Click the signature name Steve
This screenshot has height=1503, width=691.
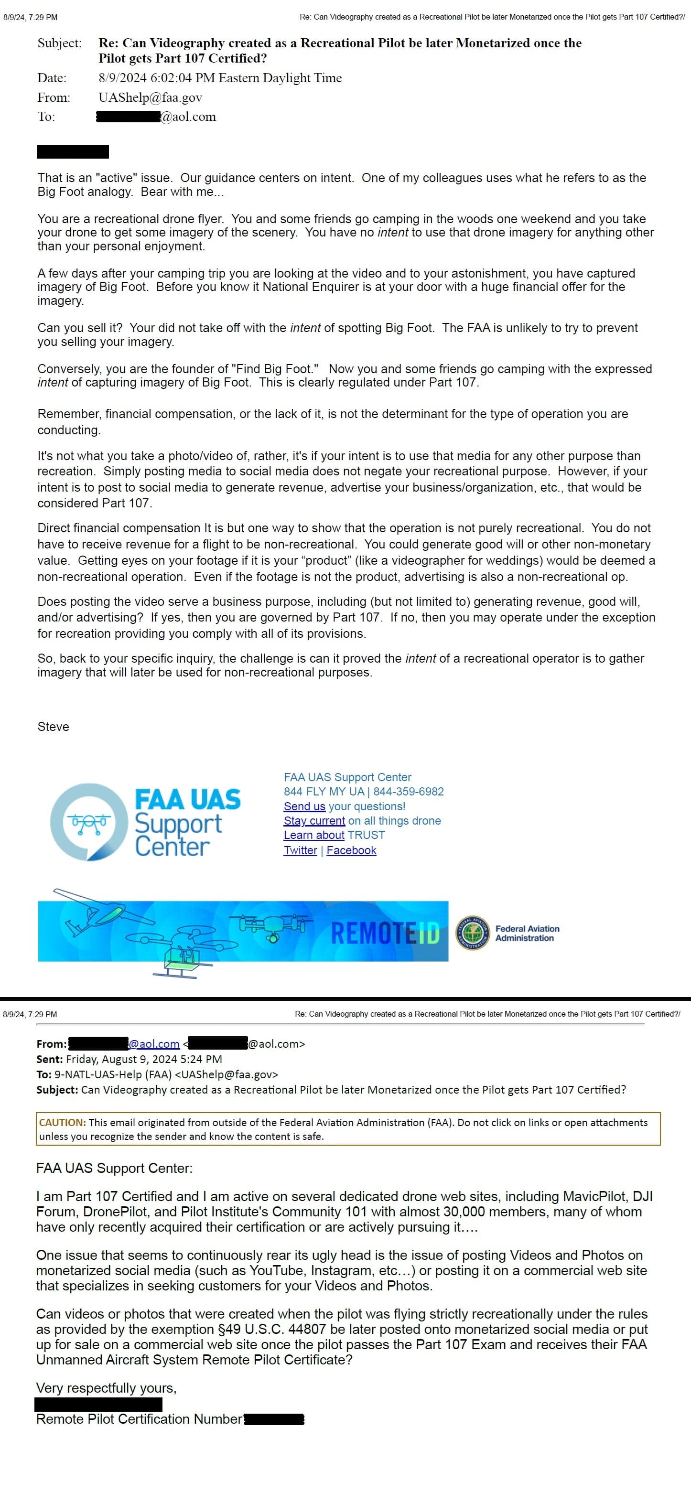point(53,726)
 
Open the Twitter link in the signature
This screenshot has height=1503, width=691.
point(300,850)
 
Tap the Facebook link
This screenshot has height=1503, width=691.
point(351,850)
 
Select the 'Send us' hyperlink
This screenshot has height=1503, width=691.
point(304,806)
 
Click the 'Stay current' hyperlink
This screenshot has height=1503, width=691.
point(314,821)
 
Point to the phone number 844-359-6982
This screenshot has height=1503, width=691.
point(409,792)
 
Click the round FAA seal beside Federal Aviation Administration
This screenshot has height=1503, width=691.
point(473,933)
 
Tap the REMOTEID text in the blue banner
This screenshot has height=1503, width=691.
point(385,933)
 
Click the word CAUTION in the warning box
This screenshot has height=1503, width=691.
point(62,1122)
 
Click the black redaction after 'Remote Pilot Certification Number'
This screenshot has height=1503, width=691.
point(274,1419)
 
